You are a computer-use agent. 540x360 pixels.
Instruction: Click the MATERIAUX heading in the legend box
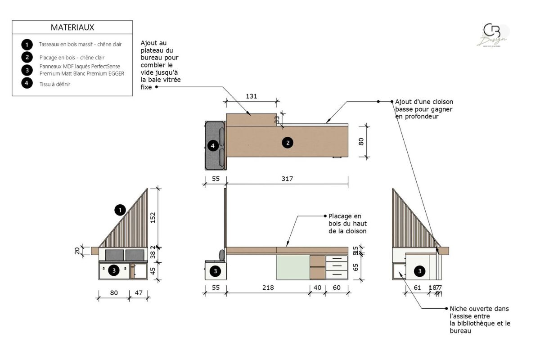coord(72,27)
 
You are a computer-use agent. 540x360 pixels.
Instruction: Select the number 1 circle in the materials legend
coord(27,45)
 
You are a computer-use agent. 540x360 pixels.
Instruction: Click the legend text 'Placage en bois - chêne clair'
coord(72,58)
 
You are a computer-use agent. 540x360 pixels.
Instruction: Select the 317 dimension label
coord(287,179)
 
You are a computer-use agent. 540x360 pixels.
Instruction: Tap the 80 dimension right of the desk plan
coord(360,141)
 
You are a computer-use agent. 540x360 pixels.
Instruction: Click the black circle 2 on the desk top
coord(287,143)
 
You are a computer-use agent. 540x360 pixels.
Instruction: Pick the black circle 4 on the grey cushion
coord(213,145)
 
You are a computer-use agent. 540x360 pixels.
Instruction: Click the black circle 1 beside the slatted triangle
coord(120,210)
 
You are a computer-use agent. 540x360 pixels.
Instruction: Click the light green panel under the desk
coord(293,267)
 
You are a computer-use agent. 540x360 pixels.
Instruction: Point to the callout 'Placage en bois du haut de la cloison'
coord(347,224)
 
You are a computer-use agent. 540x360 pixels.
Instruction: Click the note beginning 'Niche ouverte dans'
coord(480,319)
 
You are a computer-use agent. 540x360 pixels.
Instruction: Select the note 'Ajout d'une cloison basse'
coord(424,109)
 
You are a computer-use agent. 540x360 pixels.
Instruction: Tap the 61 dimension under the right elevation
coord(417,287)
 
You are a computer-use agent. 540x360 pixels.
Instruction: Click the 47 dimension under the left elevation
coord(139,292)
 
